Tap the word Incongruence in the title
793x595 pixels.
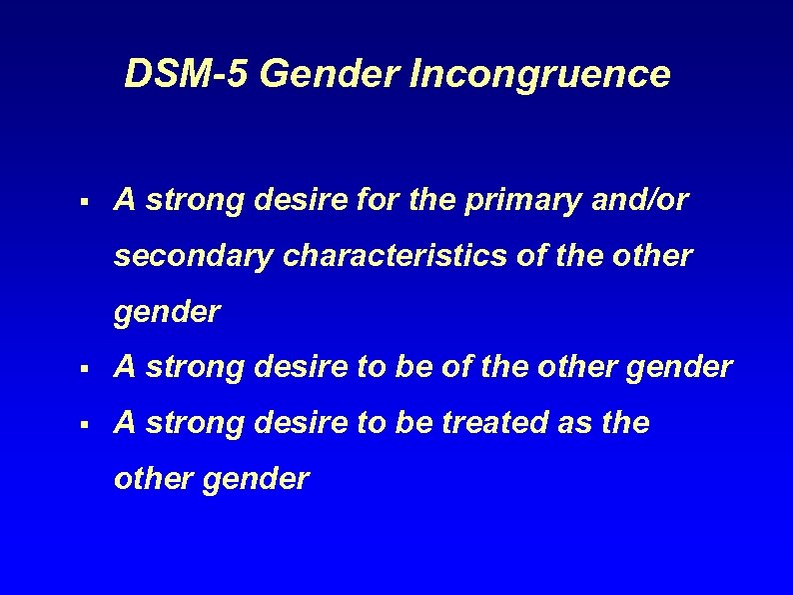540,74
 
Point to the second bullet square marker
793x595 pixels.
89,369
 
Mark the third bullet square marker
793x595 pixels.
89,425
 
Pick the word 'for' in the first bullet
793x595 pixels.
380,202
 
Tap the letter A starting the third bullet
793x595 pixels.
125,424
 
